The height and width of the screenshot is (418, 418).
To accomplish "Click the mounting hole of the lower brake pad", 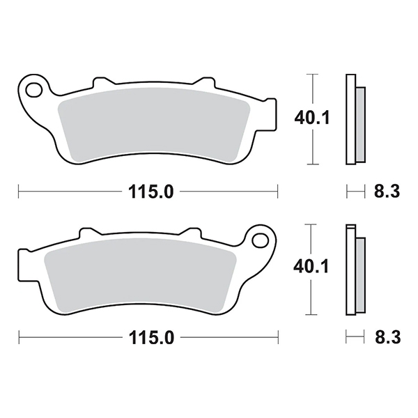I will point(262,240).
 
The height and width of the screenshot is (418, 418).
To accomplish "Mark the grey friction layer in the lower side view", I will point(360,272).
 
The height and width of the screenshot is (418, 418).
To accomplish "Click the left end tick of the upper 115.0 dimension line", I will point(18,190).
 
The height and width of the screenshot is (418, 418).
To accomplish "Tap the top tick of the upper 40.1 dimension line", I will point(313,73).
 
